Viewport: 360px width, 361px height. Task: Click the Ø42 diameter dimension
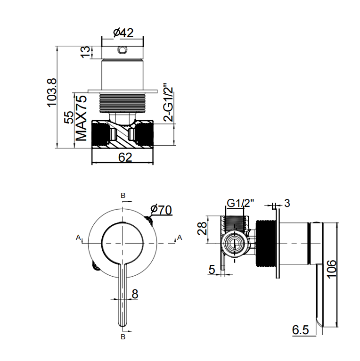(123, 33)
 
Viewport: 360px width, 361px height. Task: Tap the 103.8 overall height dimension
(52, 92)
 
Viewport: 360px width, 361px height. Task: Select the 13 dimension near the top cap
(85, 52)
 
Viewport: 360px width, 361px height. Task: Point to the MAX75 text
(82, 118)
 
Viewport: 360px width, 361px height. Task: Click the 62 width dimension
(125, 157)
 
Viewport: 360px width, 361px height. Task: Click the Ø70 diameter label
(161, 210)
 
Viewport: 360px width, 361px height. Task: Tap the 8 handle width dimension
(135, 294)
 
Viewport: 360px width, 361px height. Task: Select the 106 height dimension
(332, 269)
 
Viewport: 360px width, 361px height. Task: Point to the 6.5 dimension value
(300, 330)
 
